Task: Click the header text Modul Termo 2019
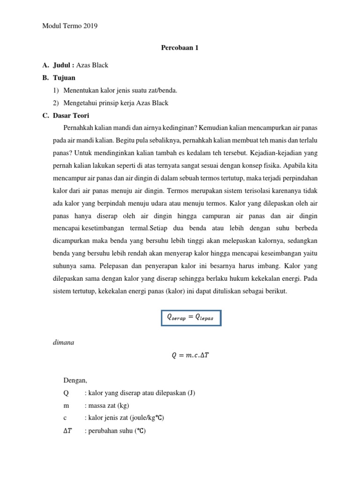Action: [70, 26]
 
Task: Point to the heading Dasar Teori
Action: [71, 115]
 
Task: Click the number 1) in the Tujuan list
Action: [56, 90]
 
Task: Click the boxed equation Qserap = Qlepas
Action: [190, 318]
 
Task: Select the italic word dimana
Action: [64, 343]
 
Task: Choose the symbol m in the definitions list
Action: [66, 405]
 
